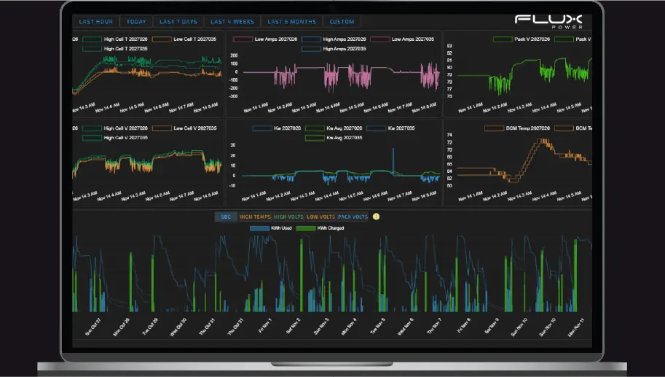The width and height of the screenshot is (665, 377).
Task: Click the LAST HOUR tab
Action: [96, 22]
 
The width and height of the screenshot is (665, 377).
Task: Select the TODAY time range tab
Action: [135, 22]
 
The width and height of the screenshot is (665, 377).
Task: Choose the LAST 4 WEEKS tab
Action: [230, 22]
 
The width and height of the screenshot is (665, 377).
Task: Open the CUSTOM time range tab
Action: [341, 22]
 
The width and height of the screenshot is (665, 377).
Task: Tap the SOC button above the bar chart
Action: [226, 217]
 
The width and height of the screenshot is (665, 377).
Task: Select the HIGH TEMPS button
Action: [255, 217]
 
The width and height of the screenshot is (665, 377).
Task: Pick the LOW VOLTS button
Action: [320, 217]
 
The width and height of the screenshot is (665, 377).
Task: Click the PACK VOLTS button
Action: [353, 217]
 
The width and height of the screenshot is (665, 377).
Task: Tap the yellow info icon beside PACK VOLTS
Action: [377, 217]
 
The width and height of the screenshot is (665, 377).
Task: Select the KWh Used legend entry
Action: [274, 228]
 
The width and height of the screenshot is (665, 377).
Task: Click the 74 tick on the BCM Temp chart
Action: [449, 136]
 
